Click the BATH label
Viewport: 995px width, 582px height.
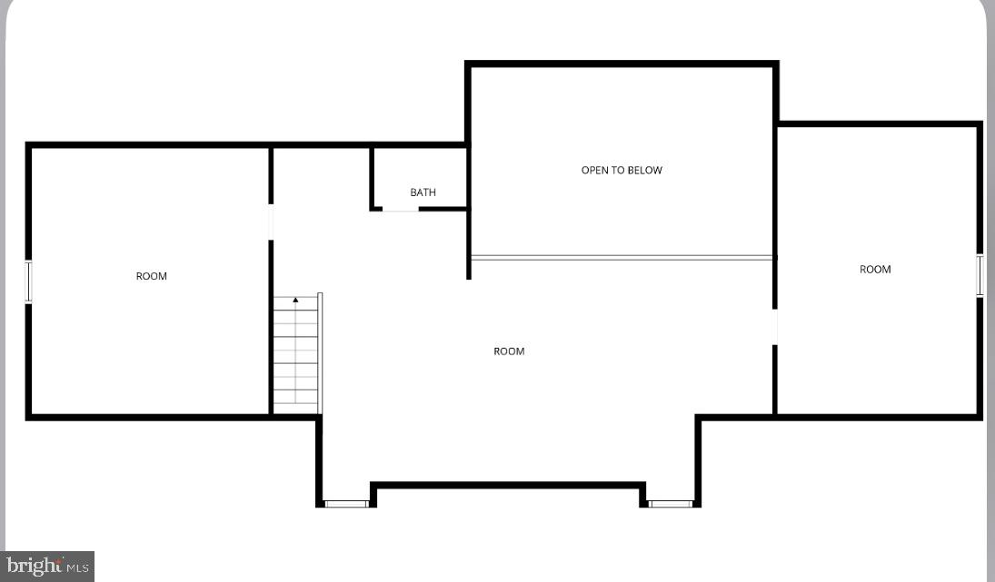(423, 192)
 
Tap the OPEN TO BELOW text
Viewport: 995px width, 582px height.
(622, 170)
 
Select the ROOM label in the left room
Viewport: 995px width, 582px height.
(152, 276)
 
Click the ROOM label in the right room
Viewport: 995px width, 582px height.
(875, 269)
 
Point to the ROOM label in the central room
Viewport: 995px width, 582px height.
(509, 351)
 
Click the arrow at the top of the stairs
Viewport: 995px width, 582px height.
(295, 300)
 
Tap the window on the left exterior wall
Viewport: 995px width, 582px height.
(28, 281)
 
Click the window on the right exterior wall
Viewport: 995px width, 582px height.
(980, 275)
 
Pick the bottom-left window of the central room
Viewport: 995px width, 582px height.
(346, 503)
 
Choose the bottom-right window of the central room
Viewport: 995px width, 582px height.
(671, 503)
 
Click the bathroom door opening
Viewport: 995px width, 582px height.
(401, 210)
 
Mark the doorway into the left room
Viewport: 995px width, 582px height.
(271, 222)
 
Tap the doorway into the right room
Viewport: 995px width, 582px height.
(775, 328)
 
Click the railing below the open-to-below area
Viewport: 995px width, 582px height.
(622, 258)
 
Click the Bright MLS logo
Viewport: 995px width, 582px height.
(47, 567)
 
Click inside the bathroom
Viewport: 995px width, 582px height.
(421, 177)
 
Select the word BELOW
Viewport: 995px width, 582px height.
(645, 170)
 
